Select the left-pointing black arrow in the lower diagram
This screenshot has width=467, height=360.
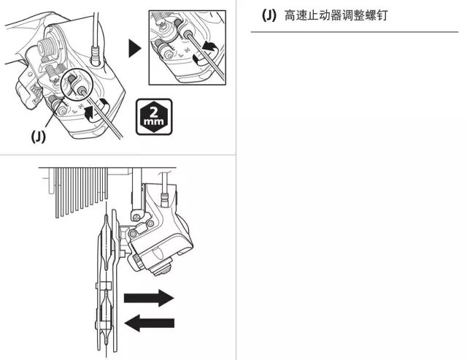(150, 323)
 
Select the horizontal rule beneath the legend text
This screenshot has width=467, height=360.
(354, 32)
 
